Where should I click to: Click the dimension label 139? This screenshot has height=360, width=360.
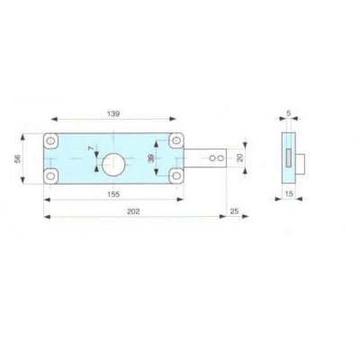point(113,113)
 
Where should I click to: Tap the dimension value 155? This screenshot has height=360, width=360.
point(113,194)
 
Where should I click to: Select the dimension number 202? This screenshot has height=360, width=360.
point(133,211)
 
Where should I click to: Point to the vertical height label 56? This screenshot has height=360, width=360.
point(17,158)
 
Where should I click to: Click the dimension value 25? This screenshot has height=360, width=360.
point(234,211)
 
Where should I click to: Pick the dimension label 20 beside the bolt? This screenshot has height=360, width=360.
point(240,157)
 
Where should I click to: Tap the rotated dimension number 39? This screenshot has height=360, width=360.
point(151,157)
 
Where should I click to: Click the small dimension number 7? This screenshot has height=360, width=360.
point(91,148)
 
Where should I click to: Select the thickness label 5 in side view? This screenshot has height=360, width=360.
point(289,113)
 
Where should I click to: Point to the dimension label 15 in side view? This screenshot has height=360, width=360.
point(289,194)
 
